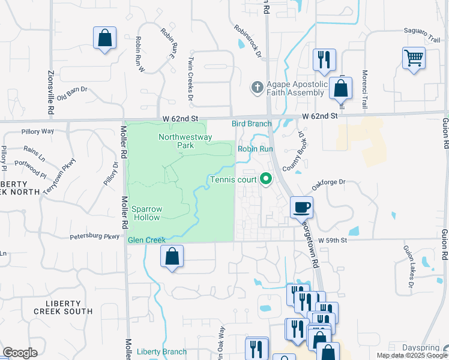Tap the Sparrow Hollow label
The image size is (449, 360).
tap(146, 213)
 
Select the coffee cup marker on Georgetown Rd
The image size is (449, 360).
tap(301, 207)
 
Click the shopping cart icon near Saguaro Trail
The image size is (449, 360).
tap(414, 59)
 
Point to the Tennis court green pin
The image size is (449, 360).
tap(265, 179)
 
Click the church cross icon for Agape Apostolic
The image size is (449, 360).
tap(256, 88)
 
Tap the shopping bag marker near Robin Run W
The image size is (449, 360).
tap(104, 38)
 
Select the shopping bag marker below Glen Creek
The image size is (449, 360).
tap(172, 256)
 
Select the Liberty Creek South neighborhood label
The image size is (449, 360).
tap(63, 307)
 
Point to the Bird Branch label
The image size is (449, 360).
tap(252, 124)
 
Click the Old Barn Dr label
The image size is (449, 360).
tap(72, 93)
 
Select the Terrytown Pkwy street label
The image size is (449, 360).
tap(60, 176)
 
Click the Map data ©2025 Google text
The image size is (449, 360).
tap(412, 355)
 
